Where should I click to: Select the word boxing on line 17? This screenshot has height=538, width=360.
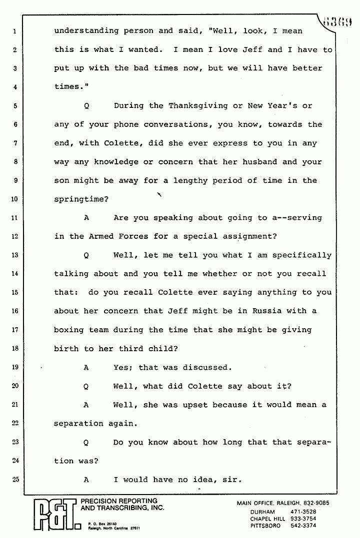[68, 330]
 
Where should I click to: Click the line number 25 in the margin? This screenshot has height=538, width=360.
[15, 480]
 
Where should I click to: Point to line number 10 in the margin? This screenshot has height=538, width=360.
[15, 199]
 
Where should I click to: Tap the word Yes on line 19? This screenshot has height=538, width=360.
[122, 367]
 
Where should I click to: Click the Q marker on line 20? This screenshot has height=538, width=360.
[86, 386]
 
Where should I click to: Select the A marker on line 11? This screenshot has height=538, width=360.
[86, 218]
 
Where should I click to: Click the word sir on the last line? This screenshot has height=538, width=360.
[233, 480]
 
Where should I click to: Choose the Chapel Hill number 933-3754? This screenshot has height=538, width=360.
[304, 519]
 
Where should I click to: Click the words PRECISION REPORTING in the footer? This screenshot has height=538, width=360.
[119, 501]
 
